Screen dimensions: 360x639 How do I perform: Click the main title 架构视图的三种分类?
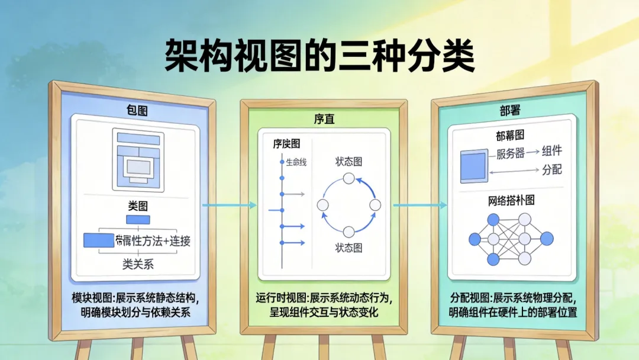[x=319, y=56]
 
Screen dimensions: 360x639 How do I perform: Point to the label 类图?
[x=138, y=206]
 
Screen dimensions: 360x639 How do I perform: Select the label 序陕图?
[x=286, y=144]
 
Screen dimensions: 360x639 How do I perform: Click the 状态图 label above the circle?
[x=348, y=161]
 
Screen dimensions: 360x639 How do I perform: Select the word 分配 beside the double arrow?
[x=551, y=170]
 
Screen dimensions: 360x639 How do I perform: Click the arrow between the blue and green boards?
[x=229, y=205]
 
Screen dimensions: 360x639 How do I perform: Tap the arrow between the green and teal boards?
[x=419, y=205]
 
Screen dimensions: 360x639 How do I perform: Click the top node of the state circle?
[x=348, y=179]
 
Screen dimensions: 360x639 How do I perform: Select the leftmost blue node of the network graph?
[x=475, y=239]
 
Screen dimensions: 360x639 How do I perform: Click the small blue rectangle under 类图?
[x=138, y=220]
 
